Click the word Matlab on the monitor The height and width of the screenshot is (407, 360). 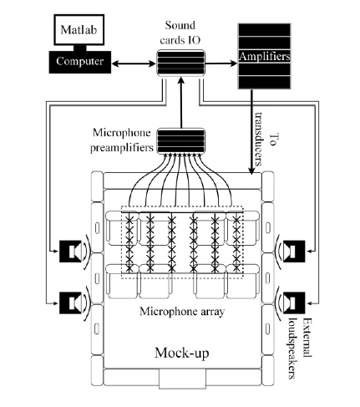(x=79, y=29)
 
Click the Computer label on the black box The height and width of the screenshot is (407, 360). (x=80, y=61)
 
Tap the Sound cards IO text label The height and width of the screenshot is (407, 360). (x=180, y=33)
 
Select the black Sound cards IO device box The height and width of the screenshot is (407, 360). (x=181, y=63)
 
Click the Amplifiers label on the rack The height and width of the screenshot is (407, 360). (x=264, y=56)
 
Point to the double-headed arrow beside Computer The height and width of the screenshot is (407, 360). (x=134, y=64)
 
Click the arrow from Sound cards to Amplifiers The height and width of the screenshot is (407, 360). (x=221, y=64)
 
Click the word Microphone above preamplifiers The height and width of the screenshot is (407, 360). (x=122, y=133)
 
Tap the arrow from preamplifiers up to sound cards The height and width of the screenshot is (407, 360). (x=181, y=103)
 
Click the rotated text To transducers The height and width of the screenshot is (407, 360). (x=266, y=139)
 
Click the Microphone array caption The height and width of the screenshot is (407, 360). (x=182, y=312)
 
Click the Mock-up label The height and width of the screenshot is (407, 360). (x=181, y=353)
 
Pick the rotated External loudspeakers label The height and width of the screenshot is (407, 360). (x=299, y=348)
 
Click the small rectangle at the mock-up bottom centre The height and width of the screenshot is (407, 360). (x=182, y=379)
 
